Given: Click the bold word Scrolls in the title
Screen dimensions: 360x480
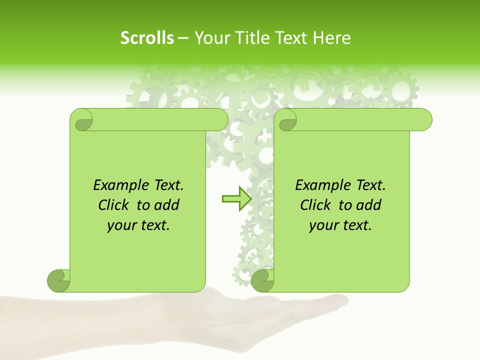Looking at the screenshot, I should point(147,38).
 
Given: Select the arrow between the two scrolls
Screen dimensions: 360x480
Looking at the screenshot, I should point(236,199).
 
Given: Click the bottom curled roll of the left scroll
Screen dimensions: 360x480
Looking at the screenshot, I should point(58,281).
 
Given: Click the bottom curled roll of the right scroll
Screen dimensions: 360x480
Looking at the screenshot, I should point(262,281).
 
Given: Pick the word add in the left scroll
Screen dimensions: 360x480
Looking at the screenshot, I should point(167,205).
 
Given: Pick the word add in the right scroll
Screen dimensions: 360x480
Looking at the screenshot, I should point(369,205).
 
